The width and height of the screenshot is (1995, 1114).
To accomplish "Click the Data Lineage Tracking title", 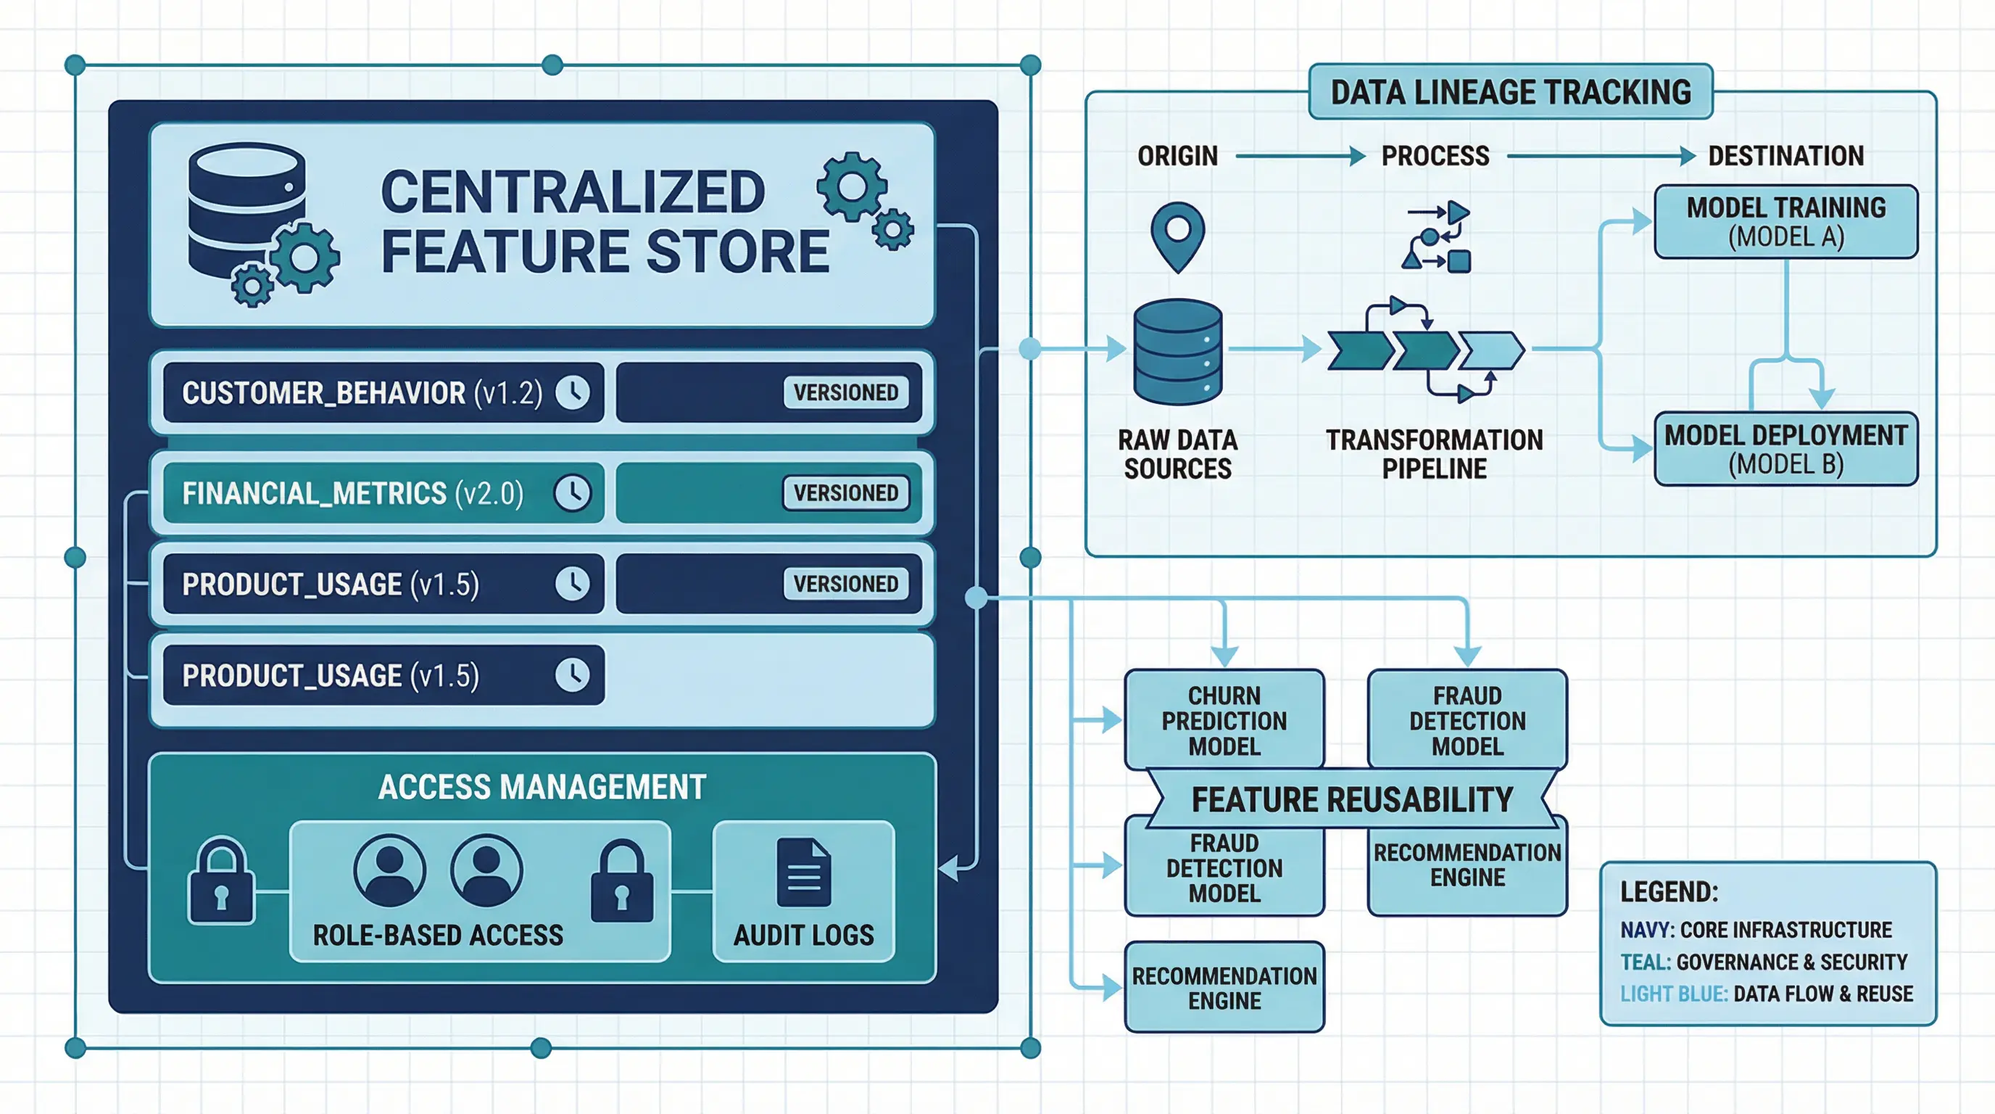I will coord(1510,92).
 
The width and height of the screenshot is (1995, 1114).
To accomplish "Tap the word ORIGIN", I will coord(1177,157).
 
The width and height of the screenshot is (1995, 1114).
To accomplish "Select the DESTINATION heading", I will coord(1786,157).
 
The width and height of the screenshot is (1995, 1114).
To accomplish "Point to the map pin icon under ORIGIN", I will coord(1177,236).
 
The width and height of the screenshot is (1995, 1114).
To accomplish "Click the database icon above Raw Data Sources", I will coord(1177,352).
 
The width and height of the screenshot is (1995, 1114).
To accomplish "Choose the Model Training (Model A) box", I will coord(1786,221).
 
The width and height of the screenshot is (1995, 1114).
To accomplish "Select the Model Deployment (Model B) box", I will coord(1786,450).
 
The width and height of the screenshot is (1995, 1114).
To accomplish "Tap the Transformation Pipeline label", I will coord(1435,454).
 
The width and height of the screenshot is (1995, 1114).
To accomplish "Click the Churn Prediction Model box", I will coord(1224,720).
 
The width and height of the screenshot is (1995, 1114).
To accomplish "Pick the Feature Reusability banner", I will coord(1351,799).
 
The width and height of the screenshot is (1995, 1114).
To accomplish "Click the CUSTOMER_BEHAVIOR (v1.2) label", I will coord(362,393).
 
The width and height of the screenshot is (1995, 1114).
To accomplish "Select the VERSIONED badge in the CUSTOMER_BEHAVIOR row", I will coord(846,393).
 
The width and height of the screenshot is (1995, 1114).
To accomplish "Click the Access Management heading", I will coord(542,787).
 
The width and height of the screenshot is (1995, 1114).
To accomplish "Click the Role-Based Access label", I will coord(438,935).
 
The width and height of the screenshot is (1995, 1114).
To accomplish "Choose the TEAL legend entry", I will coord(1764,962).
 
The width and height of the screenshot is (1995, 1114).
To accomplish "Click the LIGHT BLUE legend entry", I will coord(1766,994).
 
